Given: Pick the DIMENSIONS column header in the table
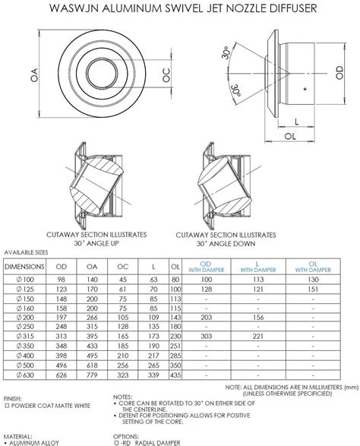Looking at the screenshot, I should [26, 267].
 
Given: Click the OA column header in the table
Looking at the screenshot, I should [91, 267].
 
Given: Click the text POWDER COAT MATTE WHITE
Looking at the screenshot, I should [48, 406].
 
